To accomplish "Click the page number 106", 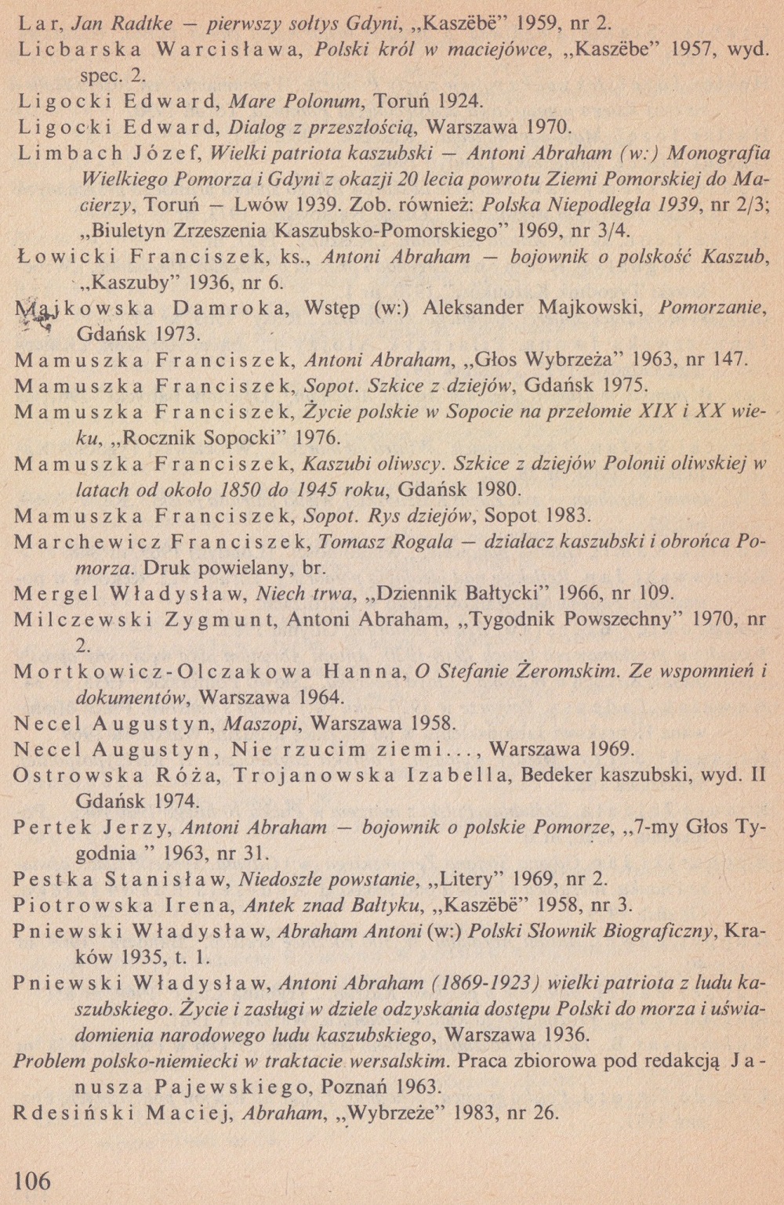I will click(33, 1178).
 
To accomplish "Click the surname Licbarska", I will click(78, 49).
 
